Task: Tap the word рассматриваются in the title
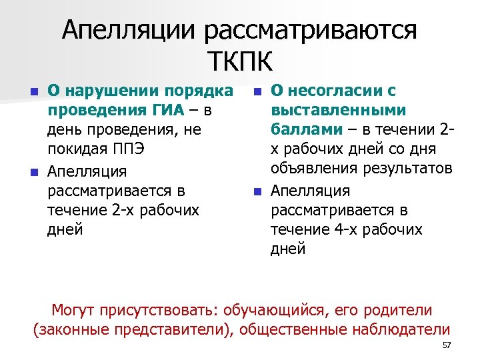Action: (311, 31)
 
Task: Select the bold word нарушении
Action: (101, 91)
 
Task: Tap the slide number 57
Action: (447, 345)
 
